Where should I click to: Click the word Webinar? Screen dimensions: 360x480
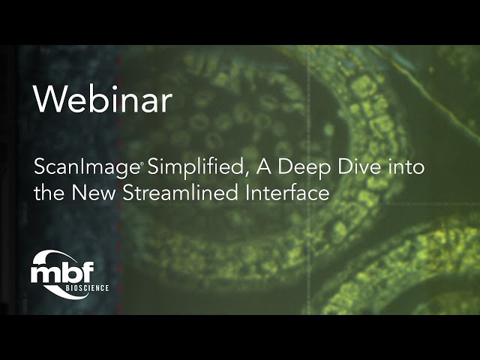pos(103,100)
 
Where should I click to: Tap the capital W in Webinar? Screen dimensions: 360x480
pos(47,100)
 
